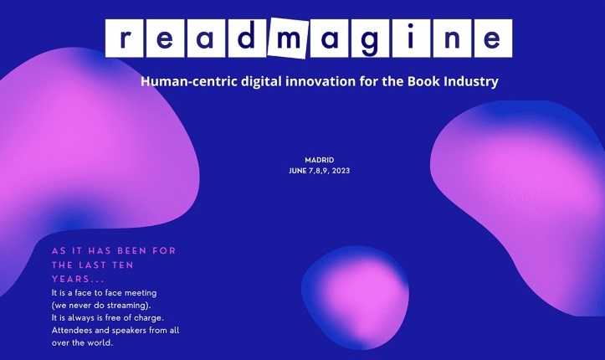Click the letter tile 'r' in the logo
[x=126, y=37]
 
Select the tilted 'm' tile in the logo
[x=287, y=38]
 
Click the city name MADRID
[x=320, y=160]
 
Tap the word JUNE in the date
[x=298, y=172]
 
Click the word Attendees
[x=78, y=331]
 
